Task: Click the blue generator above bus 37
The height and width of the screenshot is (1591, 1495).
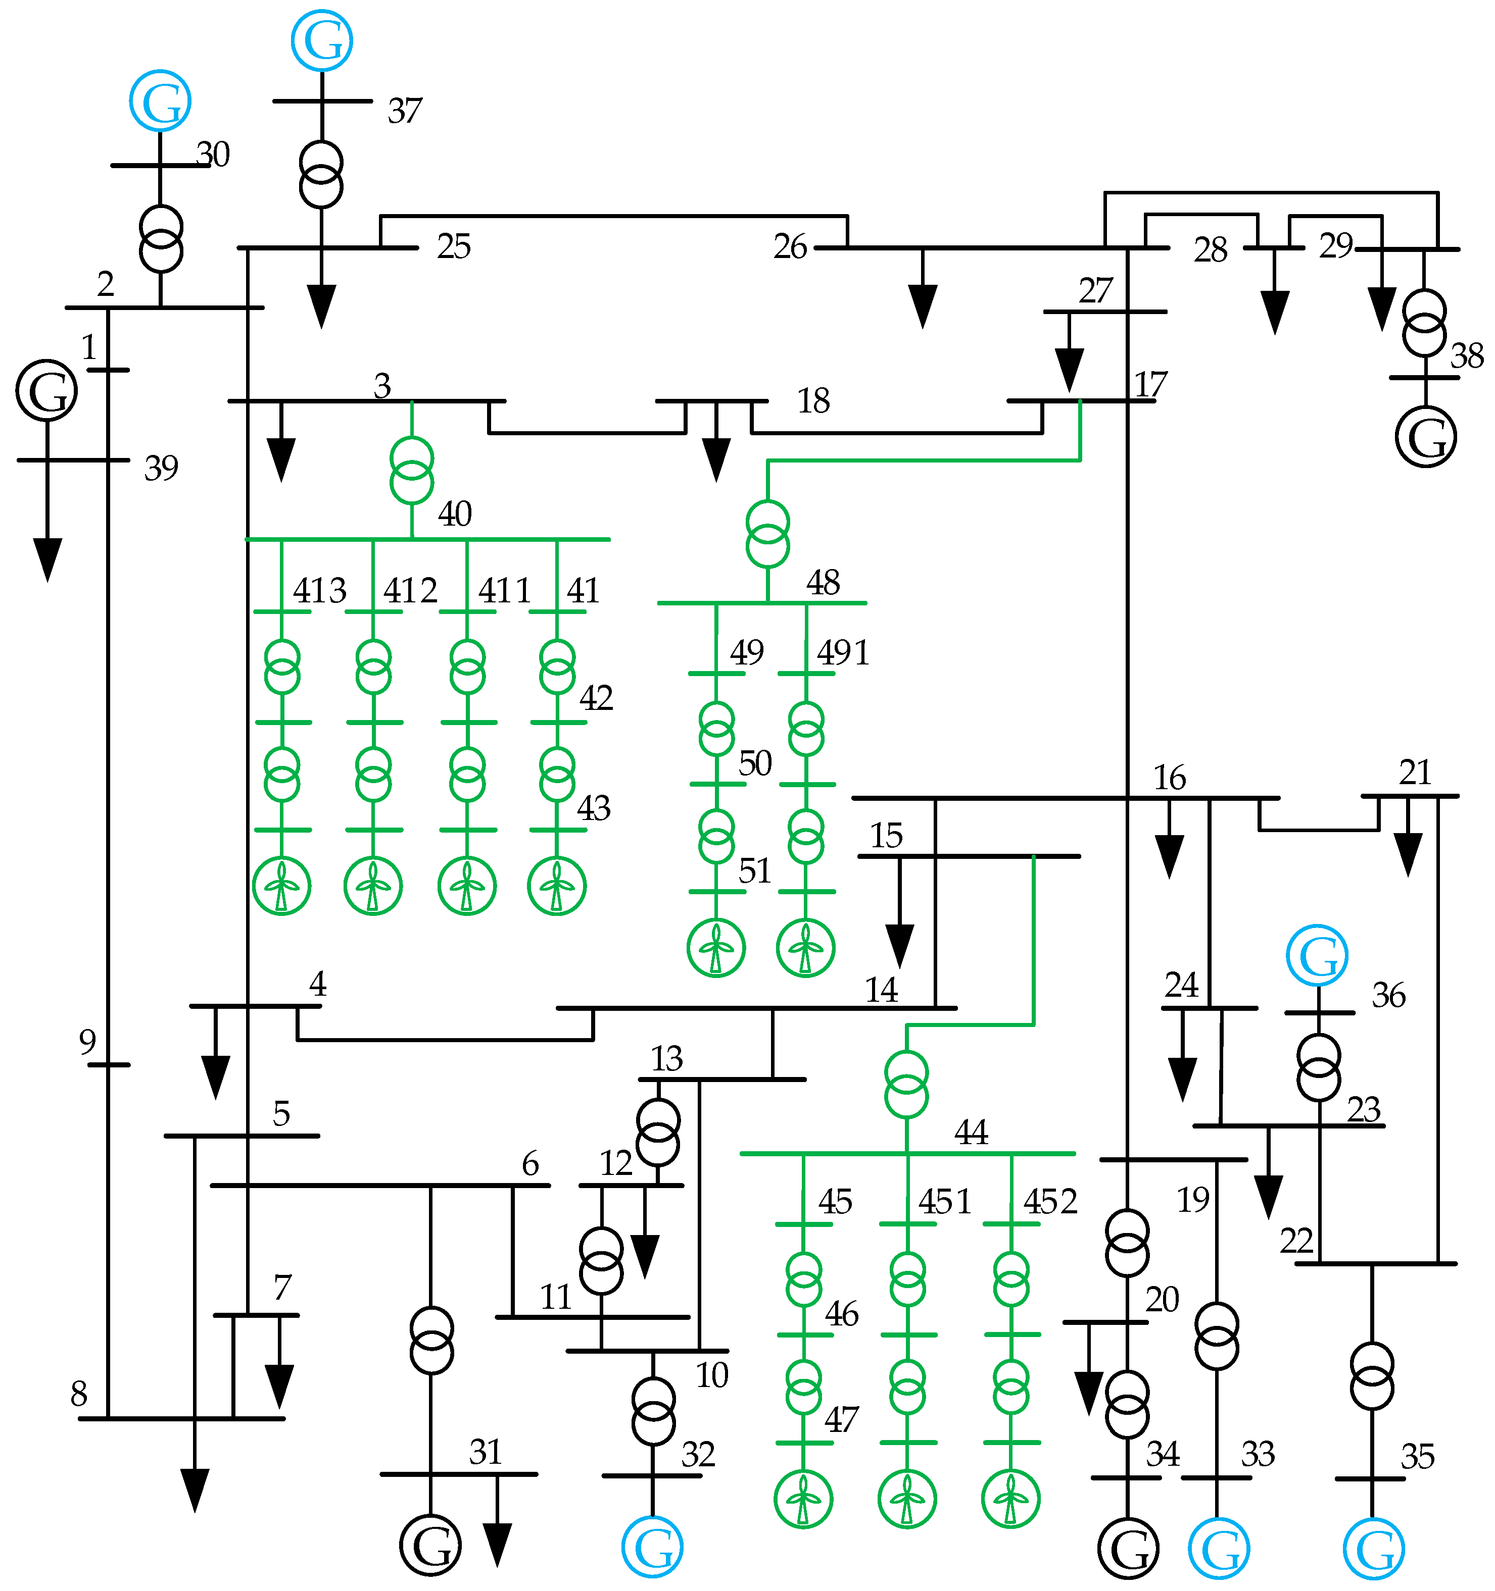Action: click(322, 40)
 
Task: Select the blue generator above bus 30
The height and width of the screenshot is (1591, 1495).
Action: click(160, 101)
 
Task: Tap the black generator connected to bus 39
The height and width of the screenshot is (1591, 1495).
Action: click(46, 390)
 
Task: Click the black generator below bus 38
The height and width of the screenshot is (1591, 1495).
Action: click(1425, 437)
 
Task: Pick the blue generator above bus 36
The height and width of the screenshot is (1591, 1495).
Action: click(1317, 956)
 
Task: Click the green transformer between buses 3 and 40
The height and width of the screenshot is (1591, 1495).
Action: click(412, 471)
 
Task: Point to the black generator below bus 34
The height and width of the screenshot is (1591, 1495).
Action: click(1128, 1549)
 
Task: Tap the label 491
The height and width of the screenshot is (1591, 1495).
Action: click(842, 653)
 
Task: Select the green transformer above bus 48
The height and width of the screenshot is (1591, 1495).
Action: click(767, 534)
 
